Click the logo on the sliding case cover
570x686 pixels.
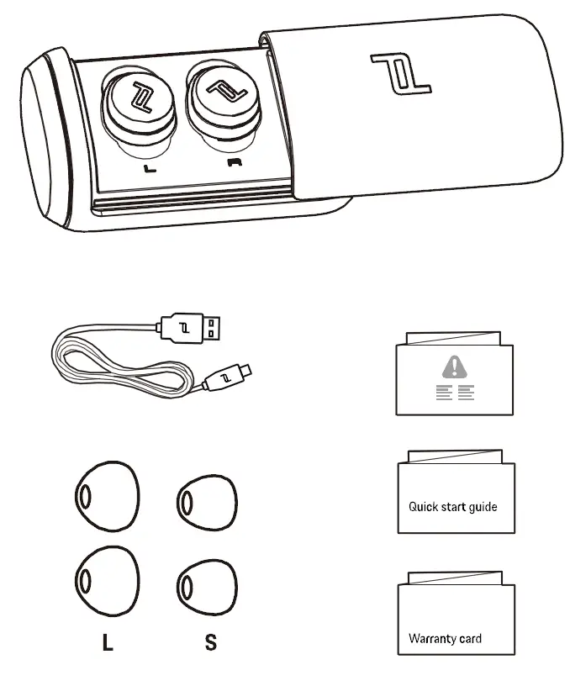[402, 73]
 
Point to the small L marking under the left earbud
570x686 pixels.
[150, 168]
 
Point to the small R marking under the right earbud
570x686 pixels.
[233, 162]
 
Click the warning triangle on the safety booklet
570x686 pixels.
[455, 366]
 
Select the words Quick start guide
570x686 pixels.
[452, 507]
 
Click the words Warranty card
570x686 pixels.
[445, 639]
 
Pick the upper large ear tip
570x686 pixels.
[107, 496]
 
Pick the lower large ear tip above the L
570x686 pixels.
[107, 578]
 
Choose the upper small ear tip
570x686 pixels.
[206, 503]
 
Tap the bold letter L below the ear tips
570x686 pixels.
[107, 643]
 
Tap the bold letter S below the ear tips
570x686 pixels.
[210, 643]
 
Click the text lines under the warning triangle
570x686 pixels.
[455, 393]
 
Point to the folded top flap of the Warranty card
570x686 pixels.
[455, 579]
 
